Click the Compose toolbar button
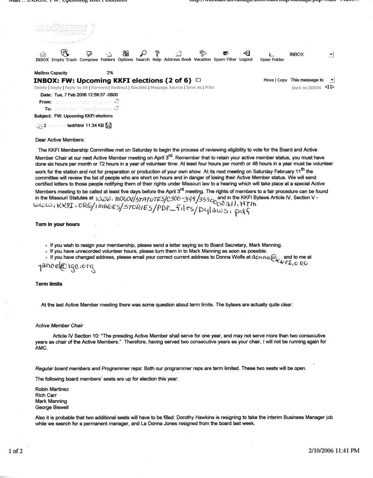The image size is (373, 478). click(89, 59)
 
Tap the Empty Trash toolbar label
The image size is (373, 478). click(64, 59)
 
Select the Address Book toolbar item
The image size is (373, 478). click(178, 59)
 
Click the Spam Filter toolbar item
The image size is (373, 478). click(225, 59)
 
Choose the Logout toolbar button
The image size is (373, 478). click(246, 59)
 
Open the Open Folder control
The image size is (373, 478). click(272, 59)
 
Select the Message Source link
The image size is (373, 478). click(168, 87)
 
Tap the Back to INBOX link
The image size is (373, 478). click(306, 88)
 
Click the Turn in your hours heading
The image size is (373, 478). click(57, 224)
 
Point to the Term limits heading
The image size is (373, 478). click(49, 284)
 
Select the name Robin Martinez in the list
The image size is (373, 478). click(52, 389)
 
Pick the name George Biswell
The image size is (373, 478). click(51, 407)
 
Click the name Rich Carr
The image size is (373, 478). click(46, 395)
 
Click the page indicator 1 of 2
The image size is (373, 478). click(16, 451)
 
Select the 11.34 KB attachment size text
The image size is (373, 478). click(95, 125)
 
